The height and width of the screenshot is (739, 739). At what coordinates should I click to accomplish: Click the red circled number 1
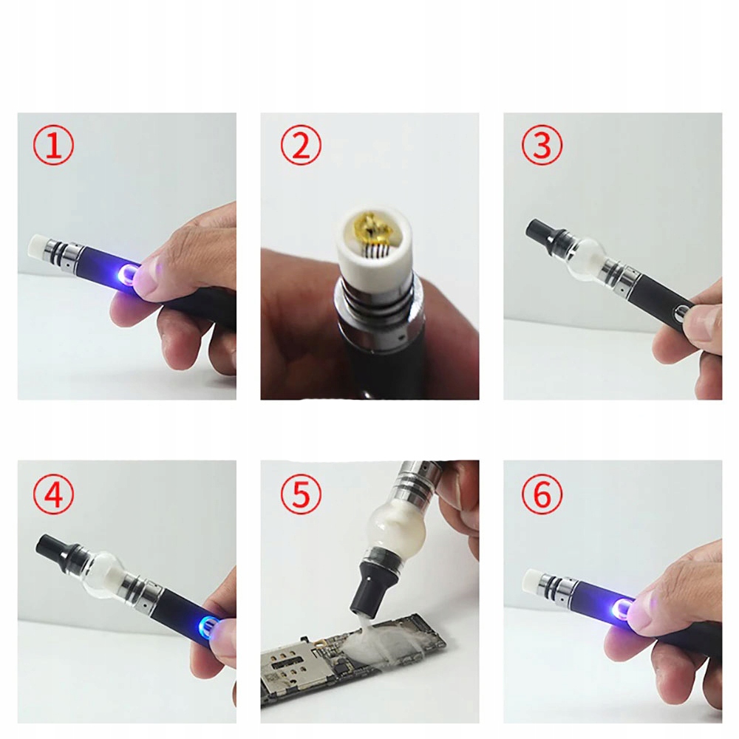[x=53, y=145]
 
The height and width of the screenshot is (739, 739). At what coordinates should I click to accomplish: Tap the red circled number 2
[x=301, y=145]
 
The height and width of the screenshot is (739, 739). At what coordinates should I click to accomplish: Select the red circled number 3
[x=542, y=145]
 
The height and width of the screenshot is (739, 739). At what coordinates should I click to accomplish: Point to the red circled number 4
[x=53, y=494]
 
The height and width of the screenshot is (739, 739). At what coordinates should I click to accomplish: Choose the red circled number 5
[x=301, y=494]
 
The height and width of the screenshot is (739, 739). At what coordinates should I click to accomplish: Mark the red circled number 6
[x=542, y=494]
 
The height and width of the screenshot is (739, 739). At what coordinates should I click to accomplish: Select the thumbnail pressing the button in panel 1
[x=150, y=279]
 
